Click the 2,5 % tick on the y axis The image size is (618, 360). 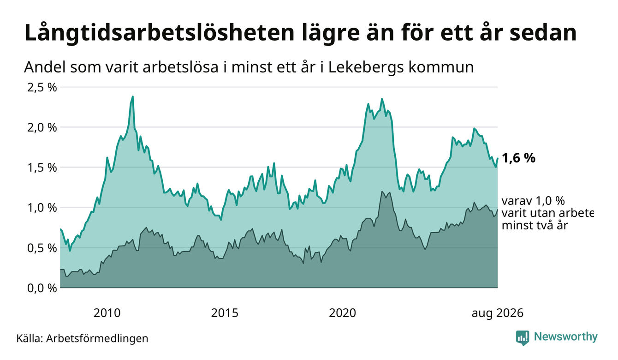pos(42,88)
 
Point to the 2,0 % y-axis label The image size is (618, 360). pos(42,128)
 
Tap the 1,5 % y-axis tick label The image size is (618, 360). pos(42,168)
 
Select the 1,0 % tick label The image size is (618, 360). pos(42,208)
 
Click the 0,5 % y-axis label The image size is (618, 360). pos(42,248)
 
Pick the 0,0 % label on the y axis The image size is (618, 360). pos(42,288)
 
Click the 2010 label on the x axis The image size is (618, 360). pos(107,313)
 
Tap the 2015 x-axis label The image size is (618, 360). pos(225,313)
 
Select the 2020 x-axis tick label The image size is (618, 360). pos(342,313)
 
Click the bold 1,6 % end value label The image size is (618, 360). pos(519,158)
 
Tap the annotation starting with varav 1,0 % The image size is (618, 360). pos(547,213)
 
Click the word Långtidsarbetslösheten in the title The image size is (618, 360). pos(159,33)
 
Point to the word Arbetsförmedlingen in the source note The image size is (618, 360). pos(97,339)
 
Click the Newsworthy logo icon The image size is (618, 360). pos(523,338)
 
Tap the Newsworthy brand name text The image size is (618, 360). pos(566,337)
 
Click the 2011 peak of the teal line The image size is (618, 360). pos(133,96)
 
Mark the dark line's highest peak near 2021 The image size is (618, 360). pos(382,192)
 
